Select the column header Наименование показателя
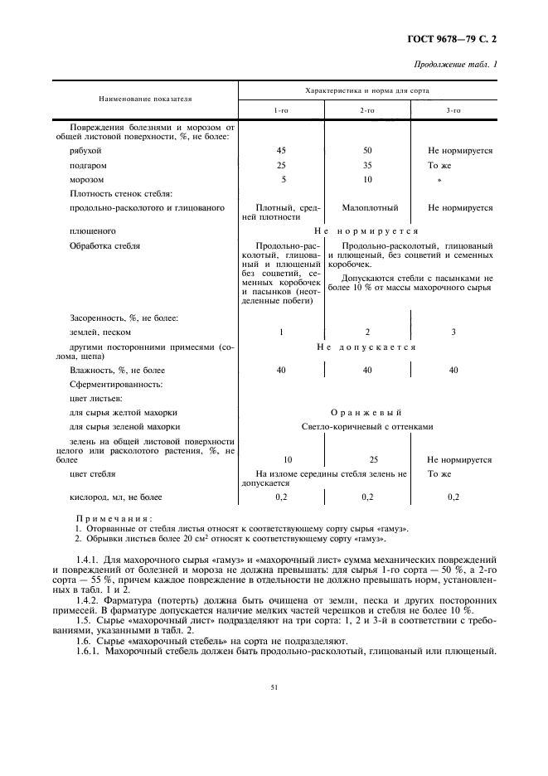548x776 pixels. coord(145,98)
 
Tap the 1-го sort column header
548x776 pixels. coord(282,110)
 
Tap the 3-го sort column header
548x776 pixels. coord(453,110)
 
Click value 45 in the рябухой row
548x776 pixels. coord(282,151)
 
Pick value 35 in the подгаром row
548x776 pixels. coord(367,165)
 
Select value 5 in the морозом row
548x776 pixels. coord(283,179)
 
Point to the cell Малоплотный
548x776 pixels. coord(370,207)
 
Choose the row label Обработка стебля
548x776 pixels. coord(105,245)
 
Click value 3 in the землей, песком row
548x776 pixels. coord(453,332)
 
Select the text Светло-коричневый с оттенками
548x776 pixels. coord(366,426)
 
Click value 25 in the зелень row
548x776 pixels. coord(367,458)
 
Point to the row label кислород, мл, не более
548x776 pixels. coord(116,497)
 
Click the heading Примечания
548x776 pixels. coord(108,517)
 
